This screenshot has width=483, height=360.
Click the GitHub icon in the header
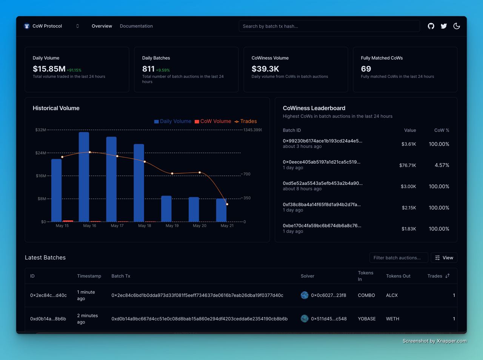coord(431,26)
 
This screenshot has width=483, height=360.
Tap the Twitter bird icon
coord(444,26)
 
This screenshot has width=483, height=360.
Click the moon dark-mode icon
coord(457,26)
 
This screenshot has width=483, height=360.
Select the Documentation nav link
coord(136,26)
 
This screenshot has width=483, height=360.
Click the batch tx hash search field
coord(329,26)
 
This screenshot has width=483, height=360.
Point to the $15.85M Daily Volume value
coord(49,69)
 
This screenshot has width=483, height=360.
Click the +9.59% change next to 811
coord(163,70)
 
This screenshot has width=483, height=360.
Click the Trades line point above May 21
coord(227,204)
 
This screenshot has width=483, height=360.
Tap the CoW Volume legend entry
coord(213,121)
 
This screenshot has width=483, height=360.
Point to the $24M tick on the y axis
coord(40,153)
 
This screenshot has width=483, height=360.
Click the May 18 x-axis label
coord(145,226)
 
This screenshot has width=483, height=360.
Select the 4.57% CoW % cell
coord(442,165)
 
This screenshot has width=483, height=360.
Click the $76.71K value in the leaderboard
coord(408,165)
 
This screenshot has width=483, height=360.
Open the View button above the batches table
coord(444,257)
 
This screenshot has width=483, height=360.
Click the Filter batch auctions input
coord(398,257)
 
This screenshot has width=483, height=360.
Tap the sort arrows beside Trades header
coord(448,276)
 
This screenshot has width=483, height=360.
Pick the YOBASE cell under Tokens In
coord(367,319)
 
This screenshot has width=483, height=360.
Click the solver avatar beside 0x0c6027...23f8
coord(305,295)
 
